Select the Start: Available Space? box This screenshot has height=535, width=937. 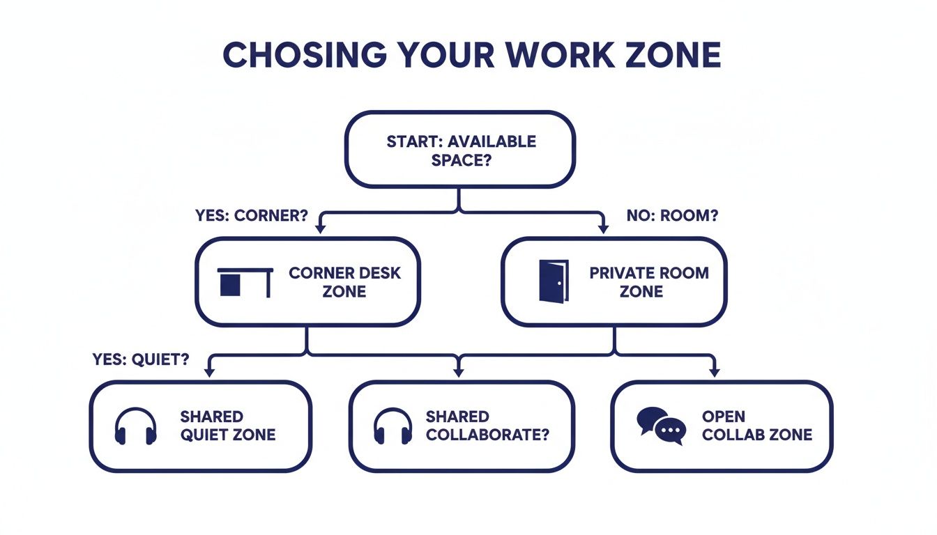tap(461, 150)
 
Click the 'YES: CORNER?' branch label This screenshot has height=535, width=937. tap(252, 215)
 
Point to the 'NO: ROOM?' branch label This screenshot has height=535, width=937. tap(672, 215)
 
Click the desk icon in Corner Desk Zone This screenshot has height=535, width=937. tap(245, 282)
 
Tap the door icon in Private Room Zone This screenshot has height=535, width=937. tap(554, 281)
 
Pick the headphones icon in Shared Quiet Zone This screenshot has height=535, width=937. tap(136, 426)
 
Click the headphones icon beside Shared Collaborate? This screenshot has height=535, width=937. tap(393, 426)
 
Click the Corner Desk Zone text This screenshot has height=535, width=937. tap(344, 281)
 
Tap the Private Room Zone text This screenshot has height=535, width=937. tap(648, 281)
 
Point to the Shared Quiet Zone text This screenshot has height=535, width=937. tap(227, 426)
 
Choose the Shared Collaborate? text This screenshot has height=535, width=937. tap(487, 426)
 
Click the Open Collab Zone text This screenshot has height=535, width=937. tap(756, 426)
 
